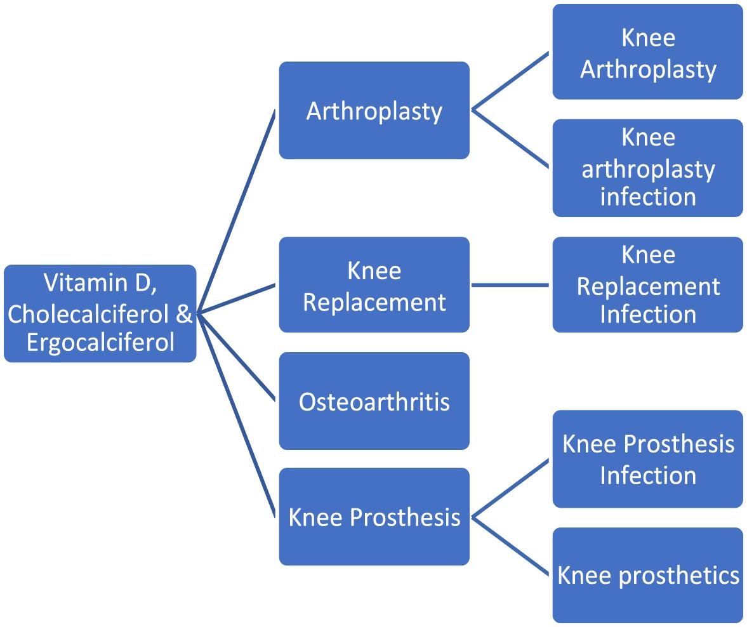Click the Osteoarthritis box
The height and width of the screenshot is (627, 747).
click(x=374, y=402)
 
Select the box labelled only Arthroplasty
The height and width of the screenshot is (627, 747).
click(x=374, y=110)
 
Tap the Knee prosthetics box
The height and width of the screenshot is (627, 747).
click(x=647, y=575)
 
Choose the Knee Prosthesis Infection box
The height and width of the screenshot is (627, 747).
click(x=647, y=459)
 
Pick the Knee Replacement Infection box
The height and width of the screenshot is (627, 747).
click(x=647, y=284)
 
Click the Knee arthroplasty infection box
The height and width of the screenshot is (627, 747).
click(x=647, y=168)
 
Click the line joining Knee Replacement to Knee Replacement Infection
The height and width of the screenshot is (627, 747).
click(x=510, y=285)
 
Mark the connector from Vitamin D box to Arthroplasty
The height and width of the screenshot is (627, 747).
click(x=236, y=210)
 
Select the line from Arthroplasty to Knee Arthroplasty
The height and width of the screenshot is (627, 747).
click(x=512, y=81)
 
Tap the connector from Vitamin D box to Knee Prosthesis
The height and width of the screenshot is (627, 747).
click(x=236, y=414)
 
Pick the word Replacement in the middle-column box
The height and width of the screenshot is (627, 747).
click(x=374, y=302)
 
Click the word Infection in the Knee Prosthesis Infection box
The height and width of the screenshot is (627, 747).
click(x=647, y=475)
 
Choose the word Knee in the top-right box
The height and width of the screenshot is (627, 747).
click(x=647, y=38)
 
